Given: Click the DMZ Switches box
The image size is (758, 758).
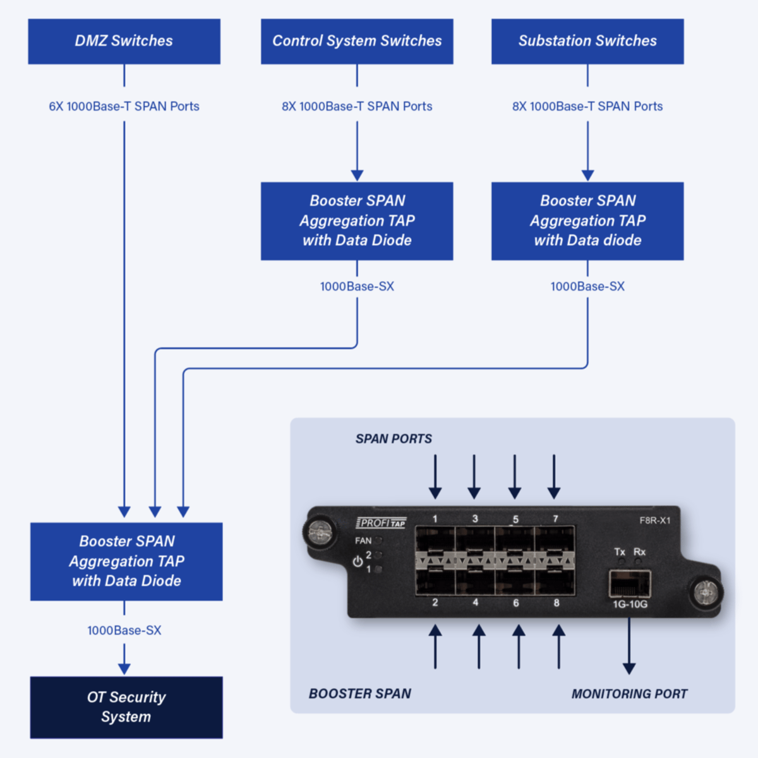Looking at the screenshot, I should (x=124, y=41).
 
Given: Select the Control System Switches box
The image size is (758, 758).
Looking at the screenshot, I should (x=357, y=41).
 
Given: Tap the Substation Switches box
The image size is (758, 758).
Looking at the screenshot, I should (x=587, y=41).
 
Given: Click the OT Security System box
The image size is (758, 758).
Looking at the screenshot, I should (x=126, y=707).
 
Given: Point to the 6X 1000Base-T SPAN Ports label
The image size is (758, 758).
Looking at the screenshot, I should (x=124, y=106).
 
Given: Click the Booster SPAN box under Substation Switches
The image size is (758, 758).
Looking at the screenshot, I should (x=587, y=220).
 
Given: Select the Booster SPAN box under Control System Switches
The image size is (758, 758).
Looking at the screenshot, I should (x=357, y=220).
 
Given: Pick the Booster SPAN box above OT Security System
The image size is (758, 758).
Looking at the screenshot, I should (x=126, y=561).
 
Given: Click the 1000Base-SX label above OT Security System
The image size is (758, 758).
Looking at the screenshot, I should (x=124, y=630).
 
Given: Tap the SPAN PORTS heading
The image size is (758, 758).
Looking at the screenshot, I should (x=394, y=438).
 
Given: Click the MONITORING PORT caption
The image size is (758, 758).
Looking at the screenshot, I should (x=629, y=694).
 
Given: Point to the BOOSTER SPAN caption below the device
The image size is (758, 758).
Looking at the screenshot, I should (x=360, y=694).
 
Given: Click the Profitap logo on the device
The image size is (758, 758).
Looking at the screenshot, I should (x=382, y=522).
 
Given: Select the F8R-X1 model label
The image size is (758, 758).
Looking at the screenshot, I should (x=655, y=520).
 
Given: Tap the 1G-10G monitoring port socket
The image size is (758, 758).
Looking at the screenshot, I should (x=630, y=584).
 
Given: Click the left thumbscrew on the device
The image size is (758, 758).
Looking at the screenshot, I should (x=320, y=532).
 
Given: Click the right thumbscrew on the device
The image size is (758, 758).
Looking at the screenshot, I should (x=706, y=593).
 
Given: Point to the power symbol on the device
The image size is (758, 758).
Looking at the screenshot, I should (x=358, y=562).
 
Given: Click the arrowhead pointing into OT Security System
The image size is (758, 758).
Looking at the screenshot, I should (x=124, y=668).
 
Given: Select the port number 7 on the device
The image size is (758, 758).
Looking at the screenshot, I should (x=556, y=519).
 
